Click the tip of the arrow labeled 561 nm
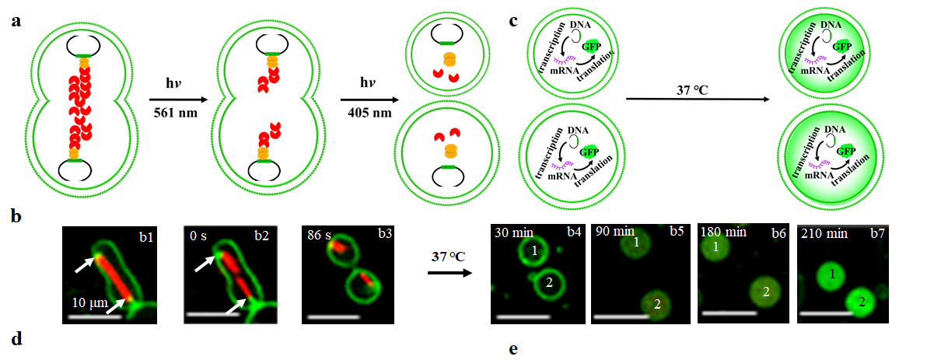(200, 98)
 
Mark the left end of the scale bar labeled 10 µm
(68, 316)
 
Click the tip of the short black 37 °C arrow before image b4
(472, 273)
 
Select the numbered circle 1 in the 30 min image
(533, 251)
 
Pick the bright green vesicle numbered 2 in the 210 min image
(862, 302)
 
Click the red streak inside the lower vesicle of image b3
(366, 278)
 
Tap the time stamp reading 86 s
(317, 233)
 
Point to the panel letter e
(513, 350)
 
